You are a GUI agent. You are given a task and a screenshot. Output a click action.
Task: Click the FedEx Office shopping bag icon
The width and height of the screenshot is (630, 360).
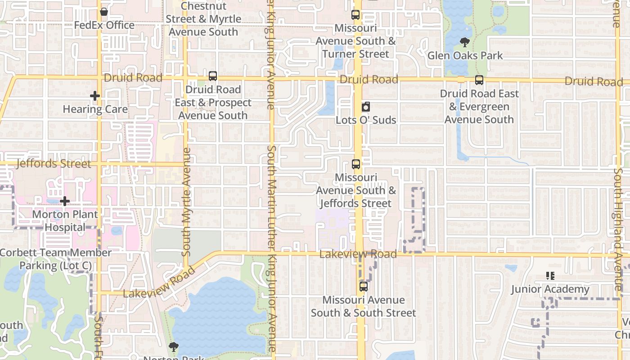(x=104, y=12)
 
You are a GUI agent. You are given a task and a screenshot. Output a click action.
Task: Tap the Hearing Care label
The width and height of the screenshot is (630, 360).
(x=95, y=109)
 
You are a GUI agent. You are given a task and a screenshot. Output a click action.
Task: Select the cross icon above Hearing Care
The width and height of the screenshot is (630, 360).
(x=94, y=96)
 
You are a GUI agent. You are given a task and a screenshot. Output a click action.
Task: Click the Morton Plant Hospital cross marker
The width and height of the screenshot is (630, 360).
(x=65, y=201)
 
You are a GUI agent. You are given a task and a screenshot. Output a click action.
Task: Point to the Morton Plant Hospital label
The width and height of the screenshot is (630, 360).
(x=65, y=220)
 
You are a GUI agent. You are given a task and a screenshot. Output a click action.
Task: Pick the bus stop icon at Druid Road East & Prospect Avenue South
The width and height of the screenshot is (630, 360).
(x=213, y=76)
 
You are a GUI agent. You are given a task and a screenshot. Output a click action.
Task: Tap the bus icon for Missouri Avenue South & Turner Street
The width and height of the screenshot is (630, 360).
(x=355, y=15)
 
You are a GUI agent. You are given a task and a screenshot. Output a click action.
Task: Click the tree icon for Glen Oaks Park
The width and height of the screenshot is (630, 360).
(x=465, y=43)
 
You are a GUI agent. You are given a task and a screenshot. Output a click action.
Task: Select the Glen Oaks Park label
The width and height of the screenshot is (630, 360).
(x=465, y=56)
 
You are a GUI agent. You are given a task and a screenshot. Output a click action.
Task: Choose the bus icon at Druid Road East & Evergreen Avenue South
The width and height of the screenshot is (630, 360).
(x=479, y=80)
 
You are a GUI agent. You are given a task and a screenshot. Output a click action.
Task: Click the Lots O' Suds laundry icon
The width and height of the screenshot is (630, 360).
(x=366, y=107)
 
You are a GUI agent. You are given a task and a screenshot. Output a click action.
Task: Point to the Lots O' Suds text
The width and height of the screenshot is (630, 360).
(x=366, y=120)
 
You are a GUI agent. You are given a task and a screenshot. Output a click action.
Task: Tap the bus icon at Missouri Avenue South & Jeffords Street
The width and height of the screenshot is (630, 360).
(x=356, y=164)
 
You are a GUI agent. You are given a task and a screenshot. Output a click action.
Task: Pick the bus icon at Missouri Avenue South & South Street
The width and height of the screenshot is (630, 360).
(x=363, y=286)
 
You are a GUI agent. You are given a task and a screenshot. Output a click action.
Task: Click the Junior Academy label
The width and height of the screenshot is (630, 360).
(x=550, y=289)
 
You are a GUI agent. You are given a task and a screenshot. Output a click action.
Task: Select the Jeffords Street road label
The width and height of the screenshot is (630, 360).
(x=54, y=163)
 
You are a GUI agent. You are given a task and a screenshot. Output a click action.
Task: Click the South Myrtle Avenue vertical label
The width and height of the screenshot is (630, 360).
(x=186, y=202)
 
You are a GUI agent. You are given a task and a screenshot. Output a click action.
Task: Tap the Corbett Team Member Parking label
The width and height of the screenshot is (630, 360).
(x=55, y=259)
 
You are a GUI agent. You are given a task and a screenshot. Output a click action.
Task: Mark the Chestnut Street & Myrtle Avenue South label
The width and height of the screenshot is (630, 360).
(x=203, y=19)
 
